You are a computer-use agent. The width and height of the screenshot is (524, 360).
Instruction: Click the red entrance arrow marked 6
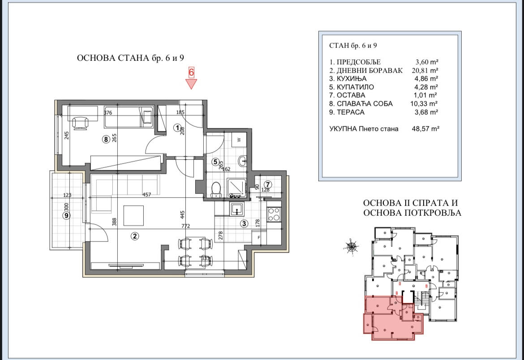191,84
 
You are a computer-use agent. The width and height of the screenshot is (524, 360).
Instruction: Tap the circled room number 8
106,139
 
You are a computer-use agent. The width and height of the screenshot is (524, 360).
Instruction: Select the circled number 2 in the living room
135,236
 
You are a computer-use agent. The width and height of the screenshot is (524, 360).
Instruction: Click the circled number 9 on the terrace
66,216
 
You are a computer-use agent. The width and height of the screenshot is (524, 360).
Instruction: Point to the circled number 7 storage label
268,184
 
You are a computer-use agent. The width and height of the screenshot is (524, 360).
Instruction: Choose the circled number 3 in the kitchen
244,223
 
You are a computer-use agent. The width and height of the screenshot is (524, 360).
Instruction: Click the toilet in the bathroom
216,189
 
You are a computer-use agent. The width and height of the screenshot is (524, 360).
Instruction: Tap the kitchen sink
237,209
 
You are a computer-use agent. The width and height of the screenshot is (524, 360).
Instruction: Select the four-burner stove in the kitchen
274,214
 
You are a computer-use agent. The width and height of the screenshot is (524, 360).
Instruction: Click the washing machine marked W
239,140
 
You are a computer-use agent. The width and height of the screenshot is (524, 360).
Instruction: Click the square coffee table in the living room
133,216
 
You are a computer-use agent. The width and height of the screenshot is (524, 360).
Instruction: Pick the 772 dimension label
185,226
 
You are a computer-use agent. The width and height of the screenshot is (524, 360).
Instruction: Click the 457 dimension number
147,194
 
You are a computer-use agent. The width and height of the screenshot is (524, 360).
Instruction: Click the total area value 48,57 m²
425,129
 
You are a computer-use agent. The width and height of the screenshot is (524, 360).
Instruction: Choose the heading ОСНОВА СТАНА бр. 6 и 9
130,58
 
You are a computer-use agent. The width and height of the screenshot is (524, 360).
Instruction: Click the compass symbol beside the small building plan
352,247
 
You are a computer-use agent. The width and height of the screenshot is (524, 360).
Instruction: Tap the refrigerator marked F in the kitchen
259,237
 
